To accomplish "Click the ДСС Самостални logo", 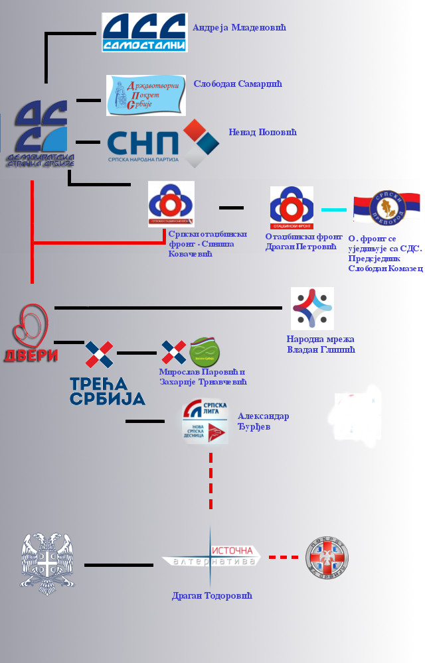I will (x=144, y=32).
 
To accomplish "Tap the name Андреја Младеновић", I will (x=239, y=28).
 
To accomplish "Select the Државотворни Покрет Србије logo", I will (x=146, y=95).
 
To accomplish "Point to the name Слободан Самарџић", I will (x=238, y=84).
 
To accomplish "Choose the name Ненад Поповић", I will (x=262, y=132).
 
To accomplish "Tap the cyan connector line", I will (x=334, y=209).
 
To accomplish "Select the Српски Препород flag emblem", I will (x=386, y=208).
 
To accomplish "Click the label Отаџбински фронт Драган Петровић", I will (x=303, y=241).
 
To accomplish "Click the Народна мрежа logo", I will (x=312, y=308).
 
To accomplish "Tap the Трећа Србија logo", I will (x=106, y=374).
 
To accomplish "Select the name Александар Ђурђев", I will (x=263, y=421).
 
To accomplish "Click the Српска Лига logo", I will (x=205, y=421).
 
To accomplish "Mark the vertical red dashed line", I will (x=211, y=481).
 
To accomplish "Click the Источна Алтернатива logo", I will (x=211, y=556).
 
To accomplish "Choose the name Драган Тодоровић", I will (x=212, y=595).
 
